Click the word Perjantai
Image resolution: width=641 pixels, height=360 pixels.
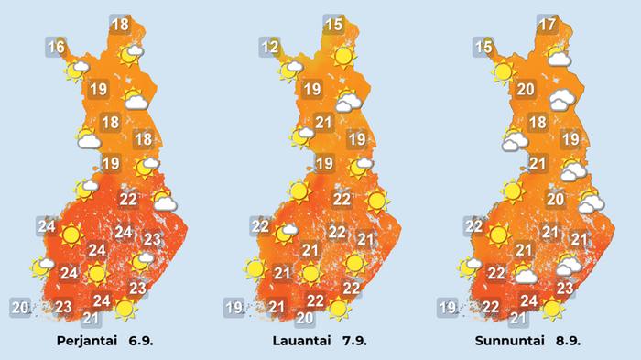91,341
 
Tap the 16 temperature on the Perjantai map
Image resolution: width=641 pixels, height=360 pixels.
57,47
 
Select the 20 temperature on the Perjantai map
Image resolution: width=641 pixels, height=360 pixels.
19,307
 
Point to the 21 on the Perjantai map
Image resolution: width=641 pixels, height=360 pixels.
91,318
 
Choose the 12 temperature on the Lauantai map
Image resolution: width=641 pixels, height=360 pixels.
269,47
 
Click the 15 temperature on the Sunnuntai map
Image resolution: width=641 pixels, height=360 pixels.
483,47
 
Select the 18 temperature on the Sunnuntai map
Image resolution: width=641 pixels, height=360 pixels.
538,123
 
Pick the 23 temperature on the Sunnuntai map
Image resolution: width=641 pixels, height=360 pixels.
565,289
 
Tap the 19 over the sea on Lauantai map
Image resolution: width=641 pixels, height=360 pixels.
234,307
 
